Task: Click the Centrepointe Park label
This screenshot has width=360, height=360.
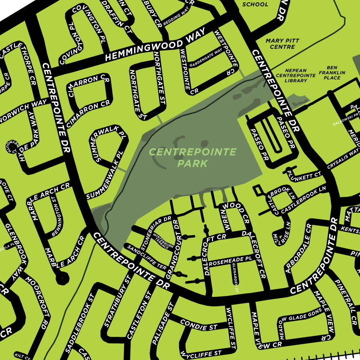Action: [x=192, y=158]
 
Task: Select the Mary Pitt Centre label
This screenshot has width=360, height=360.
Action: [x=280, y=44]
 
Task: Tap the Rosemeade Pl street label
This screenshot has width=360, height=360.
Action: [x=230, y=261]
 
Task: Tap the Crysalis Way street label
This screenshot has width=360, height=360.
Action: [x=342, y=159]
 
